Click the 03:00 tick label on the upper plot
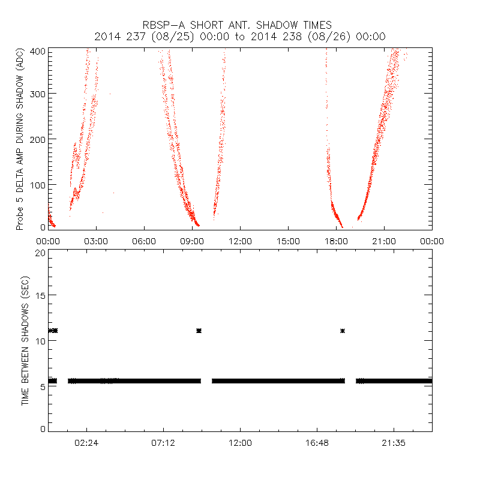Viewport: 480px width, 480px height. tap(96, 241)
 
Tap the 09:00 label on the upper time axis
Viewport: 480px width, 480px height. tap(192, 241)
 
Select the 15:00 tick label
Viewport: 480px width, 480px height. tap(288, 241)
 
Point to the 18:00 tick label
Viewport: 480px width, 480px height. tap(336, 241)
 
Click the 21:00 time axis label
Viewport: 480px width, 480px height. tap(384, 241)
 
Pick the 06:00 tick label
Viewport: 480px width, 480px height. tap(144, 241)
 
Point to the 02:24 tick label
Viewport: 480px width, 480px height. tap(86, 443)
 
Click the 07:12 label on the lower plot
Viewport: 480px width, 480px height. tap(163, 443)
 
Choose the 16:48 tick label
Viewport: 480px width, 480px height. tap(317, 443)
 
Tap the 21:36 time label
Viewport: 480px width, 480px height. tap(394, 443)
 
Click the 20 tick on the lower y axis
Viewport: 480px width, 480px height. tap(40, 253)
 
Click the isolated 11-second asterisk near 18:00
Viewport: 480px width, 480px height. tap(343, 331)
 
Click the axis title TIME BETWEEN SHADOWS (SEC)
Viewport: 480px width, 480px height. tap(25, 340)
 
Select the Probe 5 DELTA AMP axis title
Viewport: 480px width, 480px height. tap(20, 140)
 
